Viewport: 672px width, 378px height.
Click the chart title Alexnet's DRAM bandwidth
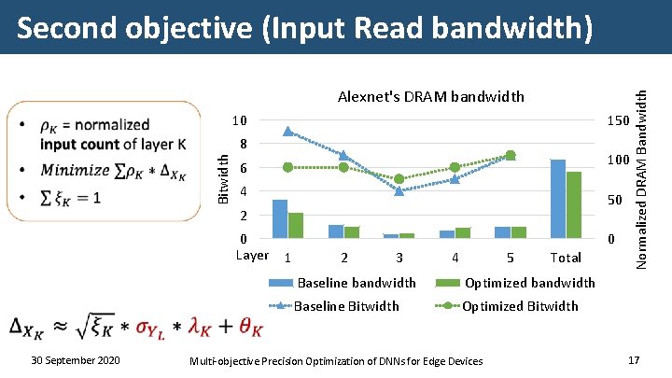[431, 96]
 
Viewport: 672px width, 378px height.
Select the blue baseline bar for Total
[558, 199]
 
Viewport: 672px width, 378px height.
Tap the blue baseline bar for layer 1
[280, 219]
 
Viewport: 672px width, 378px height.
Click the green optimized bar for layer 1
[296, 226]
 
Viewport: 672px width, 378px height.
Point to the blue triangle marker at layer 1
[287, 132]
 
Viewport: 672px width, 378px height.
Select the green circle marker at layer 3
[399, 178]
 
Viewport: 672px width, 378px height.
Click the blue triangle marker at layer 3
[399, 190]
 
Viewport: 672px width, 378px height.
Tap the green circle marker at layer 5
[510, 155]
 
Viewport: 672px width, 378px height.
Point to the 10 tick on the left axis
[240, 121]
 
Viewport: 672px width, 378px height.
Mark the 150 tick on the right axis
[617, 121]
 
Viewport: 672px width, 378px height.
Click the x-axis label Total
[566, 258]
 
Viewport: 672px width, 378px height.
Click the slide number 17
[634, 360]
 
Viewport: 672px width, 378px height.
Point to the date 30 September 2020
[74, 360]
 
